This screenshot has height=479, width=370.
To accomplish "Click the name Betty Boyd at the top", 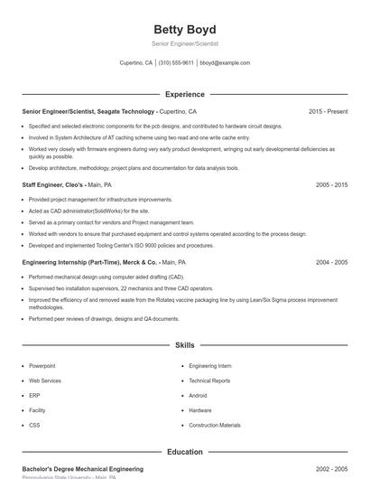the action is coord(184,29).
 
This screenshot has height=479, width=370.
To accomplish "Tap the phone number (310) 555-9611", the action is coord(176,63).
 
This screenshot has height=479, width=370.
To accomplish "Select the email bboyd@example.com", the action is coord(225,63).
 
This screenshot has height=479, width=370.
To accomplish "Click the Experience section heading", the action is coord(184,94).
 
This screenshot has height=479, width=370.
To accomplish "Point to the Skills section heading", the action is coord(184,345).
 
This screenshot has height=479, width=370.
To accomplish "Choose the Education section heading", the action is coord(184,451).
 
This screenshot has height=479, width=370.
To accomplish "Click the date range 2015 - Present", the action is coord(328,111).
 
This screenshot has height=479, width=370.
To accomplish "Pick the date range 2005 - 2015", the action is coord(331,184).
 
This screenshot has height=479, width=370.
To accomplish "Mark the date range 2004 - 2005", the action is coord(331,262).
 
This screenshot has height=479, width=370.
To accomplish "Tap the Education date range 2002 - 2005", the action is coord(331,469).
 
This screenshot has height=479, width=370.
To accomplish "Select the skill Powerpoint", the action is coord(42,366).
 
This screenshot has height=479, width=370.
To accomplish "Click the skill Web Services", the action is coord(45,380).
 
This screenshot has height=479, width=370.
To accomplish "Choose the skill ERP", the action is coord(34,395).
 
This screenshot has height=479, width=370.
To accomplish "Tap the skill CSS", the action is coord(34,425).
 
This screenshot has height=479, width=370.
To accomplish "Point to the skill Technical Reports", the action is coord(209,380).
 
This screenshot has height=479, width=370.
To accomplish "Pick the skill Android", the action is coord(199,395).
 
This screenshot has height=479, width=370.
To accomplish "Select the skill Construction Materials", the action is coord(215,425).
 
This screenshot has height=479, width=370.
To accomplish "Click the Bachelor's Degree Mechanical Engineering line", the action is coord(82,469).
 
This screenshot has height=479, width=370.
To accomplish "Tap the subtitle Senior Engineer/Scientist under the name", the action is coord(184,43).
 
